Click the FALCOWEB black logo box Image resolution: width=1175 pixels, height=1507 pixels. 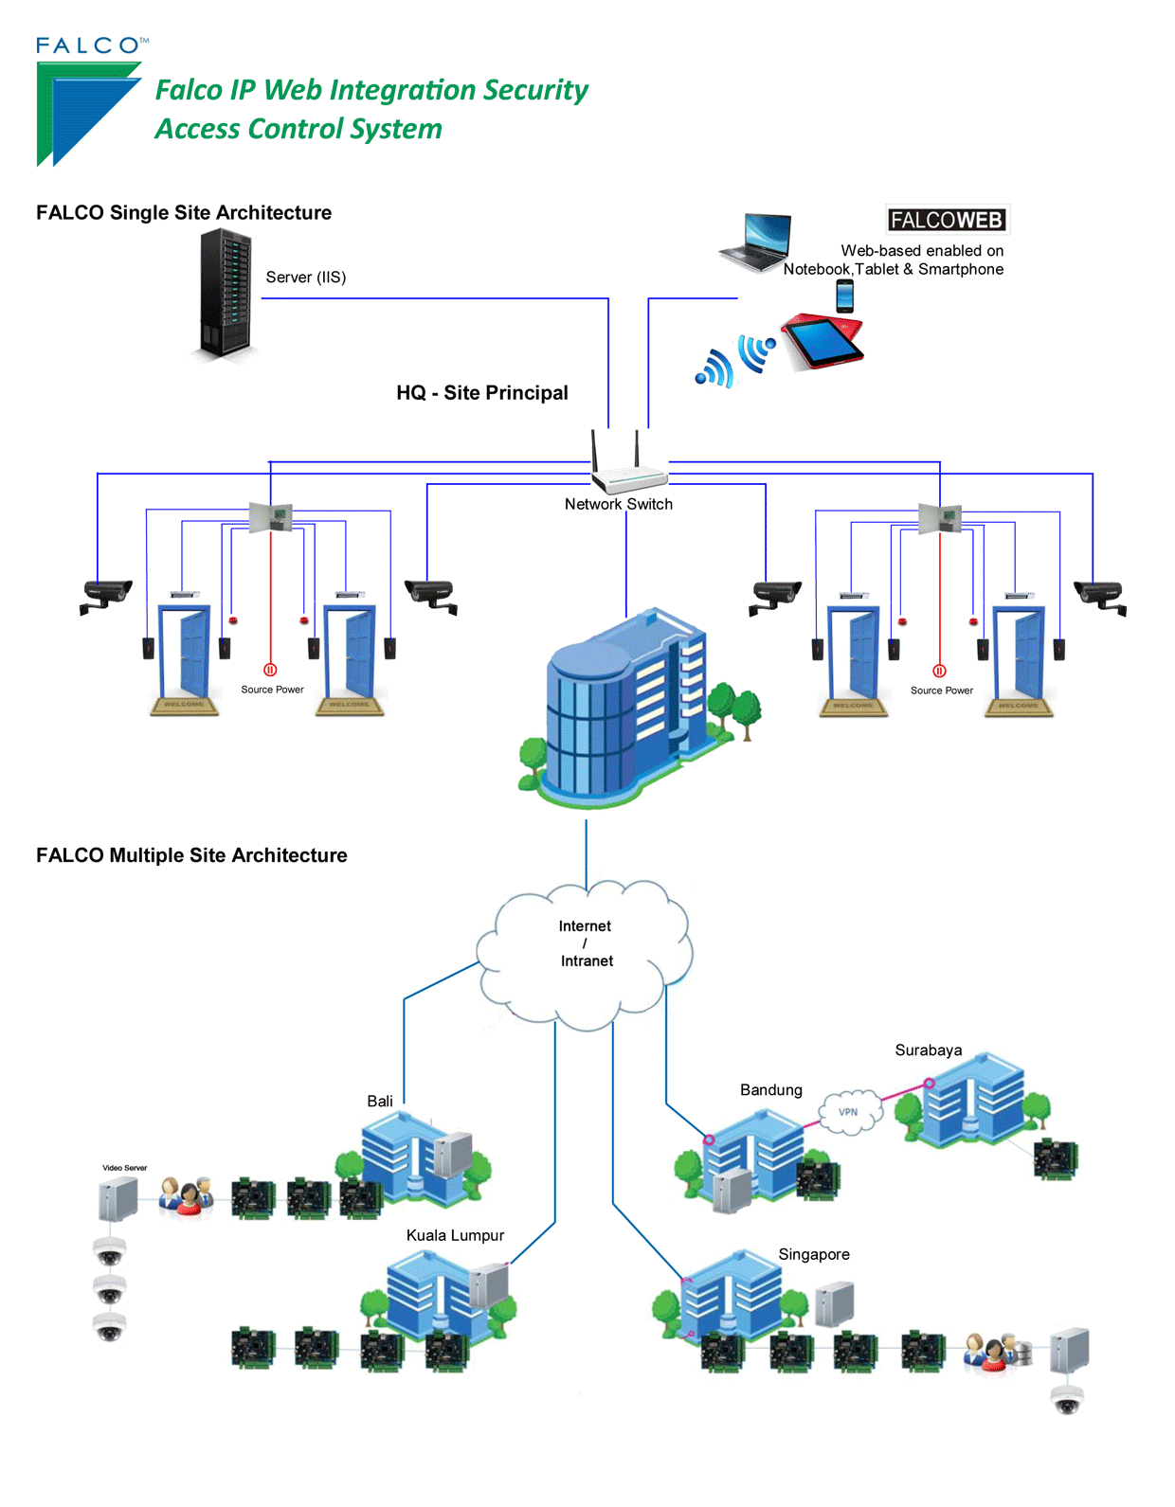(947, 220)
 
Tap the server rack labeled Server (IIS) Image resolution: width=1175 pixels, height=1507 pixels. (226, 294)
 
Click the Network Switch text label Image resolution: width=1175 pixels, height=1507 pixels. (618, 505)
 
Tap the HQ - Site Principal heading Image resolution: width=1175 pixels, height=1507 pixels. (481, 393)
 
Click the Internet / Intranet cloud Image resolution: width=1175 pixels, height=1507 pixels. (586, 952)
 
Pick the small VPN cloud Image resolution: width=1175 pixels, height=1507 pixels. (849, 1112)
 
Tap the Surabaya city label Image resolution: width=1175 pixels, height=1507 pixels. (928, 1050)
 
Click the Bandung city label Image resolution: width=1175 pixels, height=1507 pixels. (770, 1090)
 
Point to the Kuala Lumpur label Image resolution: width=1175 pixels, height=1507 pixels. (455, 1236)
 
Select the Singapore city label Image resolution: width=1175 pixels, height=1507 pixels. (813, 1255)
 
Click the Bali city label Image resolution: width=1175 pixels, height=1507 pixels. (380, 1102)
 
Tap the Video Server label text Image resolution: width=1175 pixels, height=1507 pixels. (124, 1168)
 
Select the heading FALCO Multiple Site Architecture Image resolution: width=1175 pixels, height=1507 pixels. (191, 855)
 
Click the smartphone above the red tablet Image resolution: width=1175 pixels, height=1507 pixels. (845, 296)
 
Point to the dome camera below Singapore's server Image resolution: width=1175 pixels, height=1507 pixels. (1067, 1399)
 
